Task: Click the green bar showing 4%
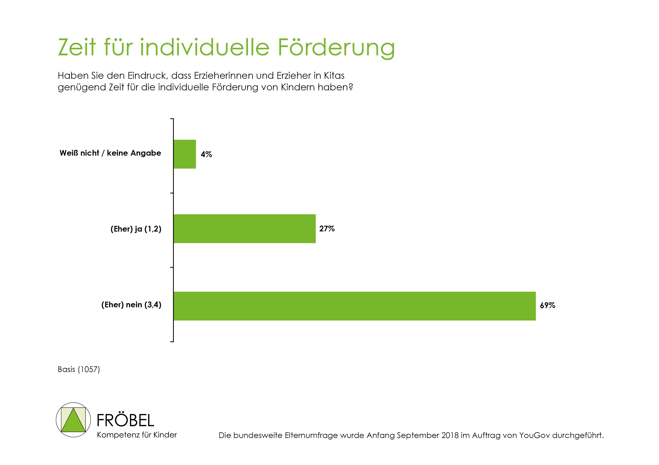[184, 154]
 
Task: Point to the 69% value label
[547, 305]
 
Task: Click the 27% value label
[327, 229]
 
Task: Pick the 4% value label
[206, 154]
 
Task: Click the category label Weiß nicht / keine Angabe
[110, 153]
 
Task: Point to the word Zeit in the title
[77, 47]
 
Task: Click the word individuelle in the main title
[204, 47]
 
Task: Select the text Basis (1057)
[79, 369]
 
